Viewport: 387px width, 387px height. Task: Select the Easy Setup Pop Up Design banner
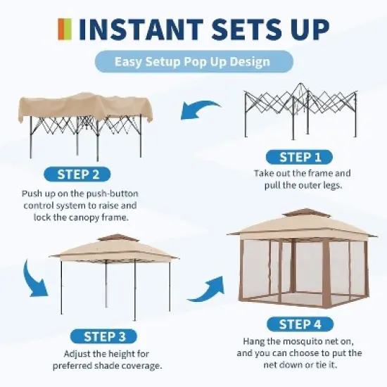click(x=192, y=62)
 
